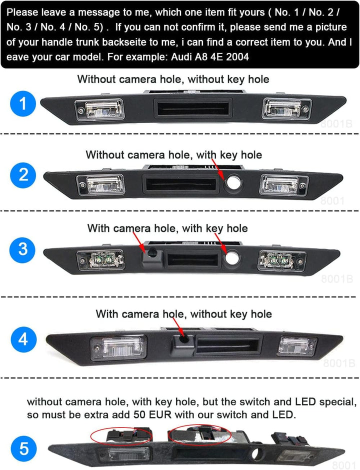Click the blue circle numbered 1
pyautogui.click(x=23, y=103)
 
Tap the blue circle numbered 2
pyautogui.click(x=23, y=175)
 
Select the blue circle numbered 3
pyautogui.click(x=23, y=249)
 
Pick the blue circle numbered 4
pyautogui.click(x=23, y=339)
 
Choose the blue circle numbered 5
pyautogui.click(x=23, y=448)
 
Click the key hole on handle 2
pyautogui.click(x=233, y=182)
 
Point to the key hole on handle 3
pyautogui.click(x=231, y=257)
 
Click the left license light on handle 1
pyautogui.click(x=99, y=109)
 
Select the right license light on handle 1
pyautogui.click(x=286, y=108)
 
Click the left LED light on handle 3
pyautogui.click(x=100, y=259)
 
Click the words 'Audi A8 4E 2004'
pyautogui.click(x=210, y=56)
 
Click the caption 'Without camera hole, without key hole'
pyautogui.click(x=173, y=79)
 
